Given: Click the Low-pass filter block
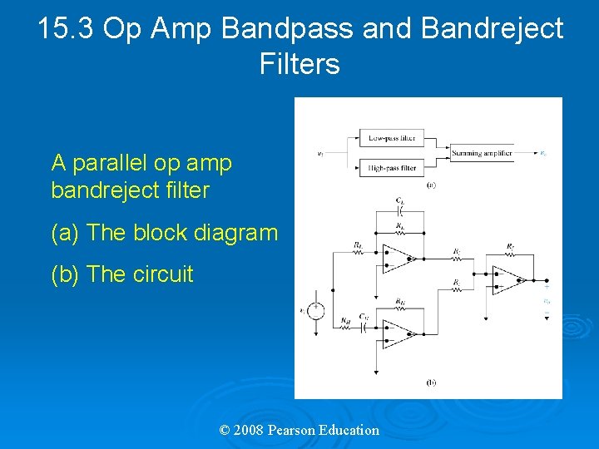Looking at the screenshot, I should [392, 138].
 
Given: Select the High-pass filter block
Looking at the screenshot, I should [392, 167].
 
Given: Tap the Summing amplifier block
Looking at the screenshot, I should [482, 153].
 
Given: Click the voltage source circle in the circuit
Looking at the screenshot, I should [316, 311].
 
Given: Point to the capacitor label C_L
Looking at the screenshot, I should [400, 200].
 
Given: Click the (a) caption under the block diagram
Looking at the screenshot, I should [431, 185].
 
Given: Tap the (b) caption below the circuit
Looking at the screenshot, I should [431, 382].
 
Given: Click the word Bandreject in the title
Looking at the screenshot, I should [493, 28].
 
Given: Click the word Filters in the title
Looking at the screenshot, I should [299, 63].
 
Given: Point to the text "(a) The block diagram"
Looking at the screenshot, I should [164, 233].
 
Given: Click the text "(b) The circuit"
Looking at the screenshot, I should [121, 274].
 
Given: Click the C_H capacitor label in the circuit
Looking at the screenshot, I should [364, 316].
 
